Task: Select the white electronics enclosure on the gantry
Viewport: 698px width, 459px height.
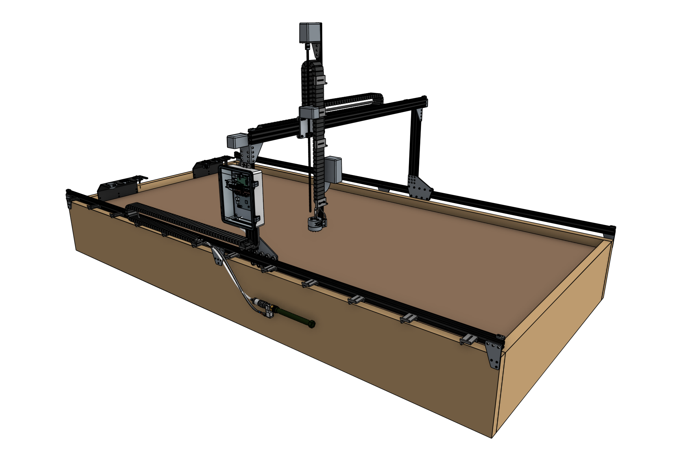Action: (241, 198)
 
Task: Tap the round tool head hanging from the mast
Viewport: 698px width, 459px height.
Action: (315, 224)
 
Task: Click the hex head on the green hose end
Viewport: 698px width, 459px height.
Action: (312, 324)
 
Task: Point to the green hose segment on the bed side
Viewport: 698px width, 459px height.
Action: (291, 316)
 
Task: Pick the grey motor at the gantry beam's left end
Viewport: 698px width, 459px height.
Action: (237, 140)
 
